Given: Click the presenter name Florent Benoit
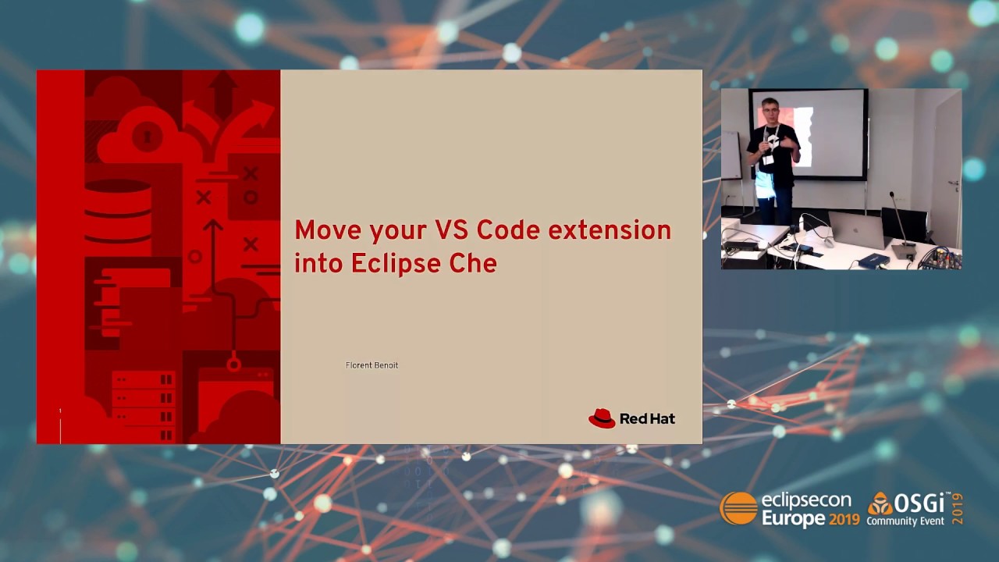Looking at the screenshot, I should [x=372, y=365].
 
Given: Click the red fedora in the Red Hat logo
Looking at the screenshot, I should [x=602, y=418].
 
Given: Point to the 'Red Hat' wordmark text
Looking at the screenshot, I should [x=647, y=419].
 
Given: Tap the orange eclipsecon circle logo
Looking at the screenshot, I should [x=738, y=509].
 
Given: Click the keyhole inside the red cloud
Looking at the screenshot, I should [x=147, y=136].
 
